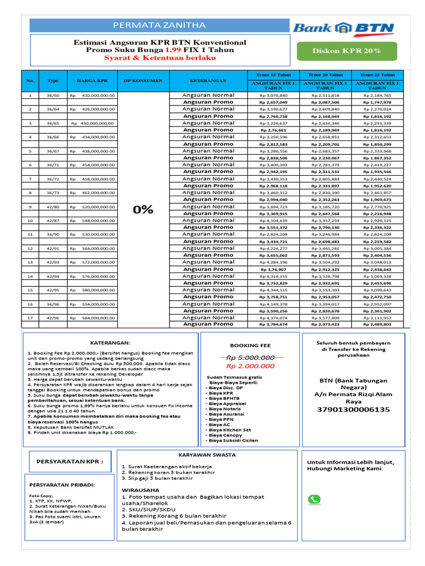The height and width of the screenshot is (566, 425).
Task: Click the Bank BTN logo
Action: pos(343,28)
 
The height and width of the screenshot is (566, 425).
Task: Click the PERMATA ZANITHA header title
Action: pos(159,25)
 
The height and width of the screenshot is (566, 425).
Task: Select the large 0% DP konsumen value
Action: pos(143,209)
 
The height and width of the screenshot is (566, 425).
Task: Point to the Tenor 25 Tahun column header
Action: pos(377,75)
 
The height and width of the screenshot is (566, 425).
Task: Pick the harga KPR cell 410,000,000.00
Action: pos(93,95)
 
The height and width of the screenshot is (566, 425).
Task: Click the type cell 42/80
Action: pos(53,207)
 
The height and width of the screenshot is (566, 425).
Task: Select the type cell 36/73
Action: pos(53,192)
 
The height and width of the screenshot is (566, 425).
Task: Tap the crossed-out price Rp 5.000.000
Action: pos(250,358)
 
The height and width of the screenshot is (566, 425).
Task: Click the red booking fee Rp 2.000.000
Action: pos(250,366)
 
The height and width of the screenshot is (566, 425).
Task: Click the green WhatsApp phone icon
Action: pos(314,499)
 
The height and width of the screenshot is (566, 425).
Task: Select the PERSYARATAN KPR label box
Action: pos(70,461)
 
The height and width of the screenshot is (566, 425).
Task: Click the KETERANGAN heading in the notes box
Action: pos(110,343)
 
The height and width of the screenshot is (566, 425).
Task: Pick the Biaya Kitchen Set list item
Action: pos(230,429)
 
